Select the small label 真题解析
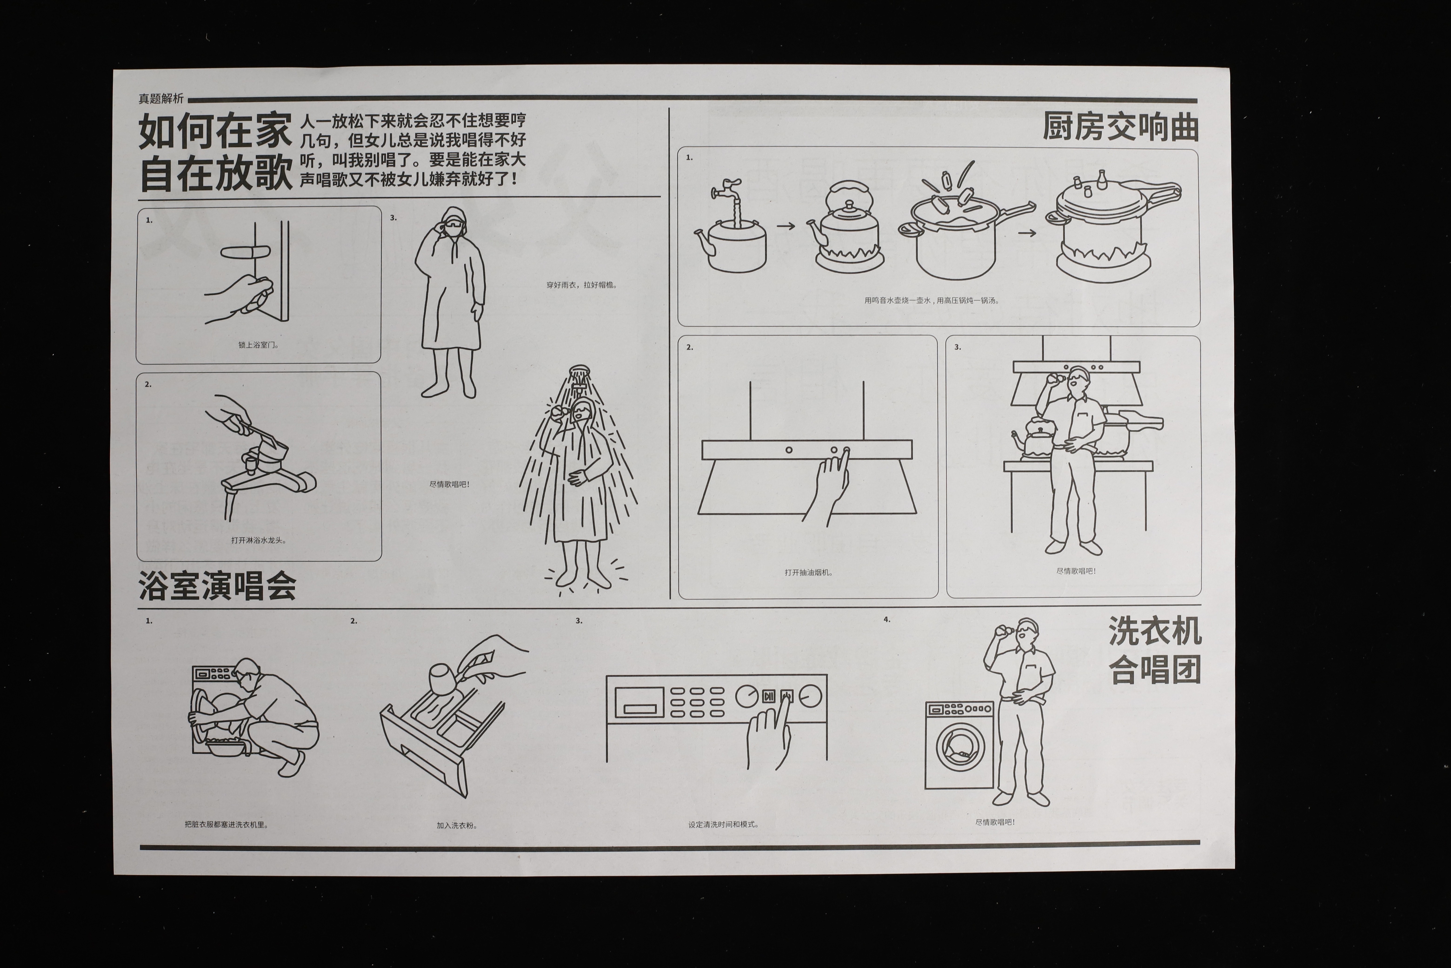point(161,98)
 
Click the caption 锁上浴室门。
point(259,345)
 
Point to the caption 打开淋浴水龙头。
point(259,540)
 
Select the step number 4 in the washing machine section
point(886,619)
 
